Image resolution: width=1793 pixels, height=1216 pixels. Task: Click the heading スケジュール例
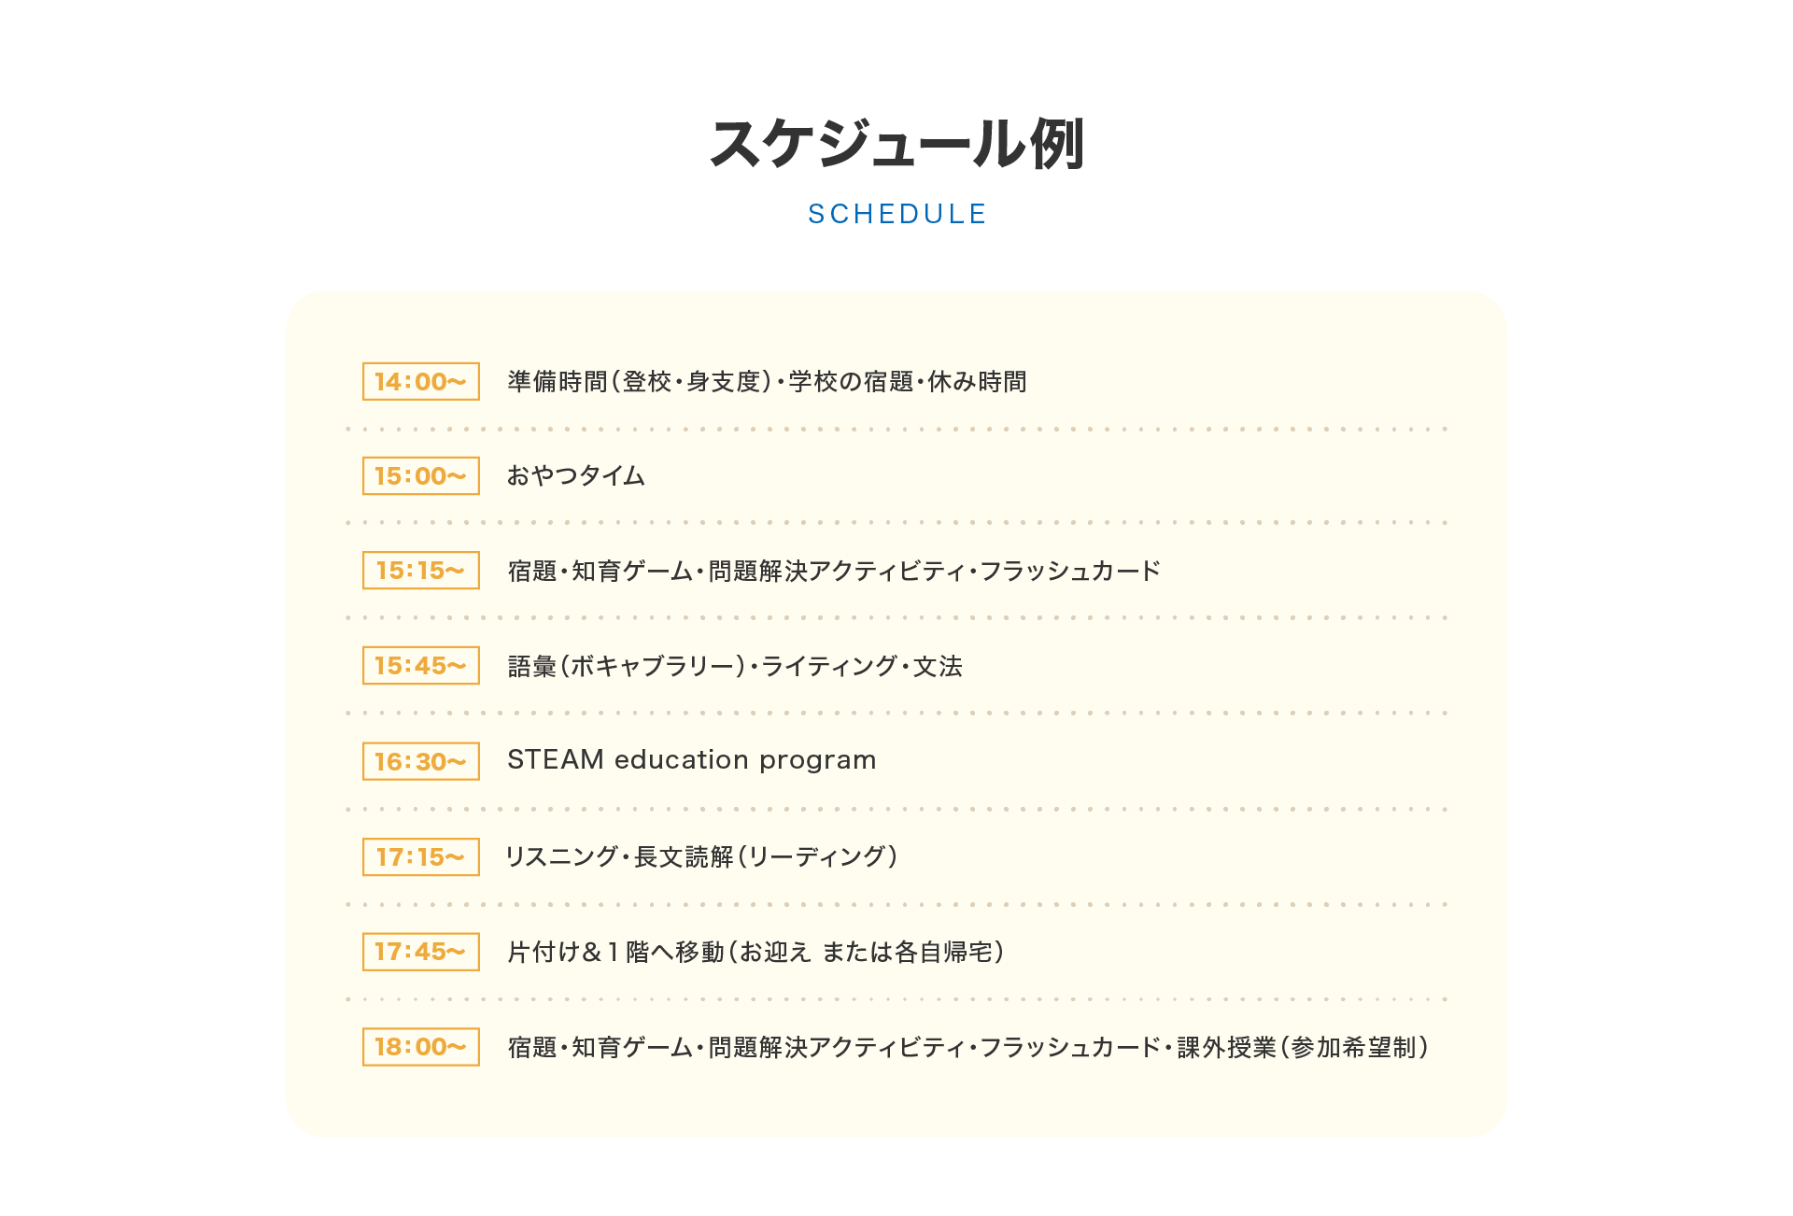pyautogui.click(x=896, y=145)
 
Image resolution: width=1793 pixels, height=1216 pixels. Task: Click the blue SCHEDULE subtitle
pyautogui.click(x=896, y=215)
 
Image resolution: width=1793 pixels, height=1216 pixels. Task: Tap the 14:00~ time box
pyautogui.click(x=420, y=382)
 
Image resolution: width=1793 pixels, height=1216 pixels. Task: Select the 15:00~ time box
pyautogui.click(x=420, y=476)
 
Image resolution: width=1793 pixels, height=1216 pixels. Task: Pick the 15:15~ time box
pyautogui.click(x=420, y=571)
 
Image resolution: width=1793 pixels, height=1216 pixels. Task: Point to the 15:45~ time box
pyautogui.click(x=420, y=666)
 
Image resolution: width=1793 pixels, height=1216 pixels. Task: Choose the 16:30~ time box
pyautogui.click(x=420, y=761)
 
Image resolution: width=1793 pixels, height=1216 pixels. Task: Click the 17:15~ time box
pyautogui.click(x=420, y=857)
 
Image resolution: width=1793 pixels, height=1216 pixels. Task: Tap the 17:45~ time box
pyautogui.click(x=420, y=952)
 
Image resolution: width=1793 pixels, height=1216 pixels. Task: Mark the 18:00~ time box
pyautogui.click(x=420, y=1047)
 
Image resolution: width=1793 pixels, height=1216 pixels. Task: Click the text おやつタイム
pyautogui.click(x=575, y=476)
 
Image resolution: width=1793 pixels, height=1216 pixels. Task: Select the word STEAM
pyautogui.click(x=556, y=760)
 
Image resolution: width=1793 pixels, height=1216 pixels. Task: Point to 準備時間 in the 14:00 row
pyautogui.click(x=558, y=382)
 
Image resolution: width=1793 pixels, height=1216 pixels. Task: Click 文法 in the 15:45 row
pyautogui.click(x=938, y=666)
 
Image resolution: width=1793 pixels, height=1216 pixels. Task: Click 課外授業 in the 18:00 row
pyautogui.click(x=1226, y=1048)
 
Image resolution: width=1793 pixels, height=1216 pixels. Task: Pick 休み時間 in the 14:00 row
pyautogui.click(x=977, y=382)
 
